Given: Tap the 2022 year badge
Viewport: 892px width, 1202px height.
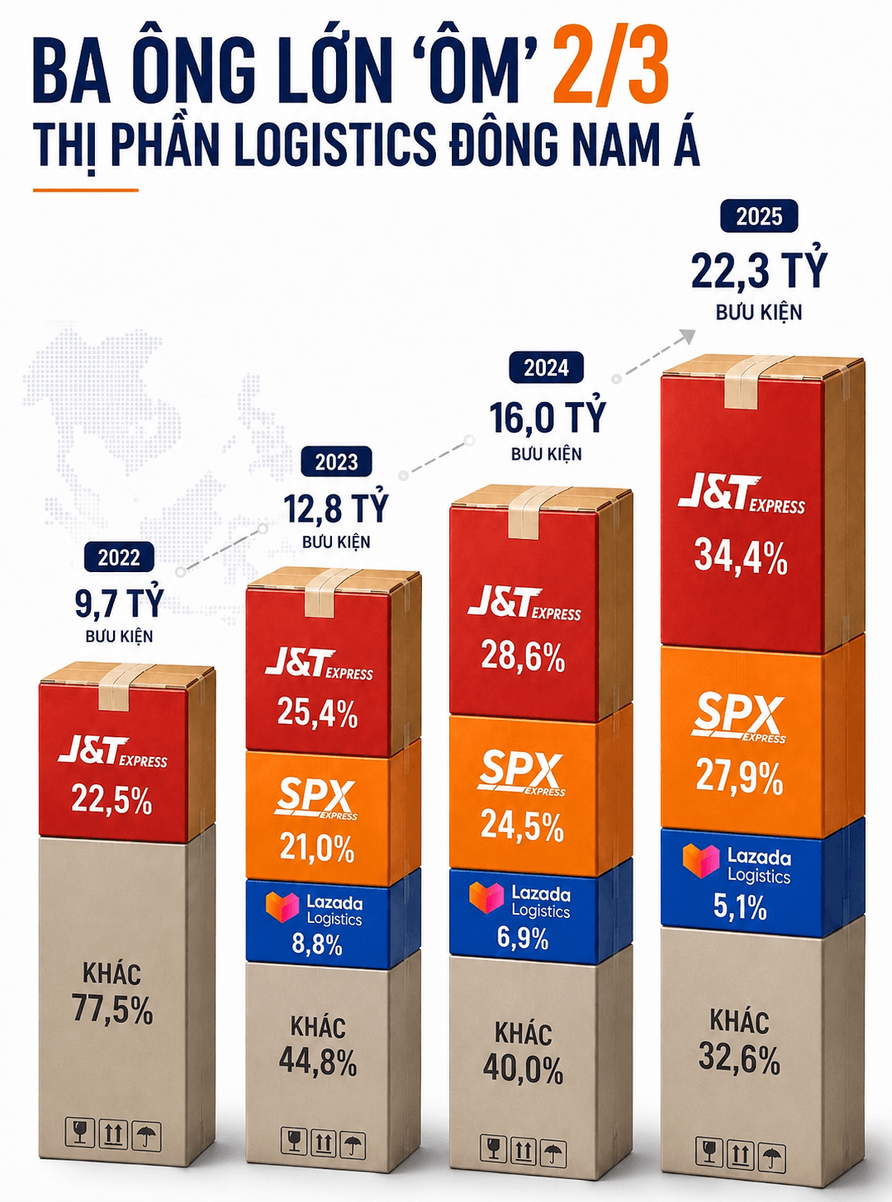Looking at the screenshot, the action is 119,557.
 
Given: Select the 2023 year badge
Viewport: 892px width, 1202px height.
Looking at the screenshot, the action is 337,462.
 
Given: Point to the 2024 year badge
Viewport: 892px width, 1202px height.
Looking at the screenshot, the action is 547,368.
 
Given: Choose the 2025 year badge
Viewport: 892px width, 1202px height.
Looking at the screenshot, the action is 758,217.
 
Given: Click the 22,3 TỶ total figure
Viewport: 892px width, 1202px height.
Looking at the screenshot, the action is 759,271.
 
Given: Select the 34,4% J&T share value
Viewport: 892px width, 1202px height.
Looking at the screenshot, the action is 741,557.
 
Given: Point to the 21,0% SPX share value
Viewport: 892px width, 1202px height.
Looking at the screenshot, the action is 317,848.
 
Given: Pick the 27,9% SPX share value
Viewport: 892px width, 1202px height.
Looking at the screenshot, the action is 740,777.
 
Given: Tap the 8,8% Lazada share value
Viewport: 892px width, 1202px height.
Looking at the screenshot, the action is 317,944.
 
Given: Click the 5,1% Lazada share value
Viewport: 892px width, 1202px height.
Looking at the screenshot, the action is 740,906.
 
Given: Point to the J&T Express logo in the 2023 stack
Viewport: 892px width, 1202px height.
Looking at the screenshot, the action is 319,665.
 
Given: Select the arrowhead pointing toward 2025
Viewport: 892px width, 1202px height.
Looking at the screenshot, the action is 687,337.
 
